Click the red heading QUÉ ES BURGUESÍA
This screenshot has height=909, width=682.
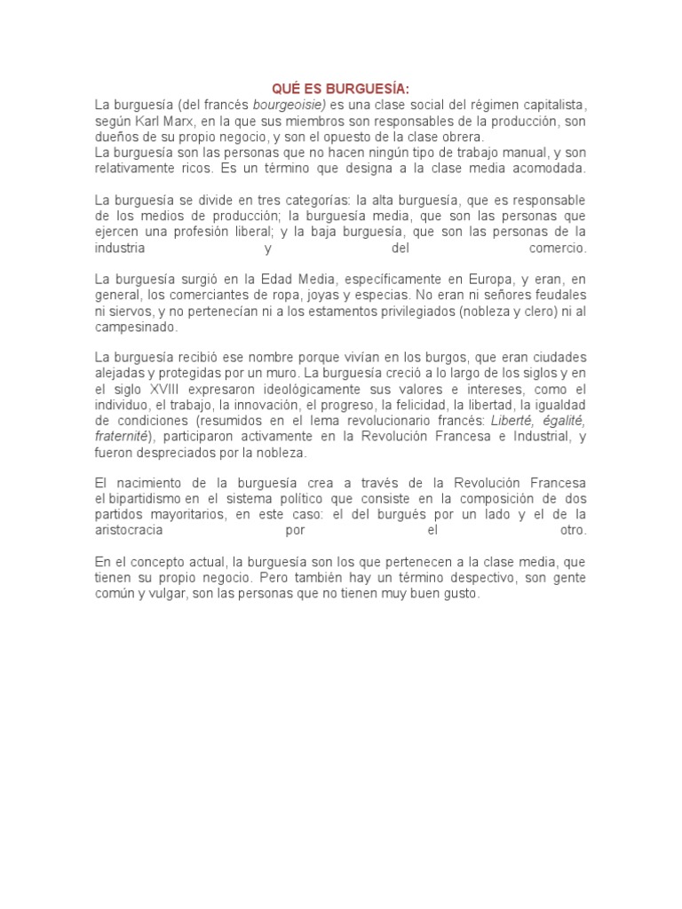pos(341,90)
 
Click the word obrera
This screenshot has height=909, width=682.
pos(464,138)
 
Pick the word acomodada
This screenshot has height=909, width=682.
pos(554,169)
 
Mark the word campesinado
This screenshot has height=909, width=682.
pos(137,328)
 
